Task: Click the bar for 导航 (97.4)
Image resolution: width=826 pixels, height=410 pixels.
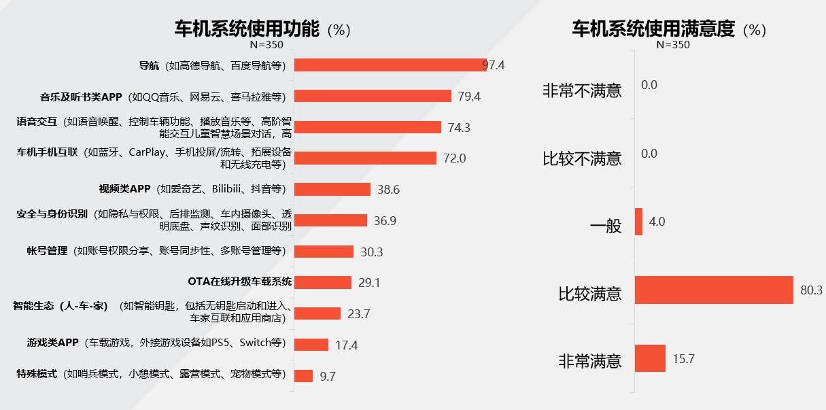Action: [390, 65]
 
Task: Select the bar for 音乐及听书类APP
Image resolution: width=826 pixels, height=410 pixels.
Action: [373, 96]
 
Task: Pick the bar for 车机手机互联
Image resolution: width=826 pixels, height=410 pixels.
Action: [365, 158]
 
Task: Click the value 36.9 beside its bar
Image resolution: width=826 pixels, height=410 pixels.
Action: [385, 220]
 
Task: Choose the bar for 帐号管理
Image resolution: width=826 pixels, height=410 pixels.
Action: [324, 252]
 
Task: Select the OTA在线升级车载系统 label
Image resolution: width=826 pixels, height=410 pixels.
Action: [239, 281]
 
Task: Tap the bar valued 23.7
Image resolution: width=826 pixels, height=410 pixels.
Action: [317, 313]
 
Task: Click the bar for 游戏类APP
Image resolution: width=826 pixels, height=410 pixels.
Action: [311, 345]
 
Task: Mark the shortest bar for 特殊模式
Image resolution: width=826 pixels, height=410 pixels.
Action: [303, 376]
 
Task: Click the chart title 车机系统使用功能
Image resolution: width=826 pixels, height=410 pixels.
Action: [247, 29]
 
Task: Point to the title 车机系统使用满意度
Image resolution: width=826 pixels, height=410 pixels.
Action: [653, 29]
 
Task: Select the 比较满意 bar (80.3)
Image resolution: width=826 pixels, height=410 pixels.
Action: [714, 290]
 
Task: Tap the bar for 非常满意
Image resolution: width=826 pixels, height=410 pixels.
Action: [650, 358]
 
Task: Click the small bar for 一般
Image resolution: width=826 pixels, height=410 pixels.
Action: [638, 222]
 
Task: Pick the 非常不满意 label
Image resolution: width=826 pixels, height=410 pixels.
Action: [582, 90]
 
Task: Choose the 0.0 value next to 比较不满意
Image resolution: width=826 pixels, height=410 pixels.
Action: [649, 154]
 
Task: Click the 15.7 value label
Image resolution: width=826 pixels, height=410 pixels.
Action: [683, 359]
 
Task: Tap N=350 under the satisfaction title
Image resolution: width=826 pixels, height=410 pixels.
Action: [673, 45]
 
